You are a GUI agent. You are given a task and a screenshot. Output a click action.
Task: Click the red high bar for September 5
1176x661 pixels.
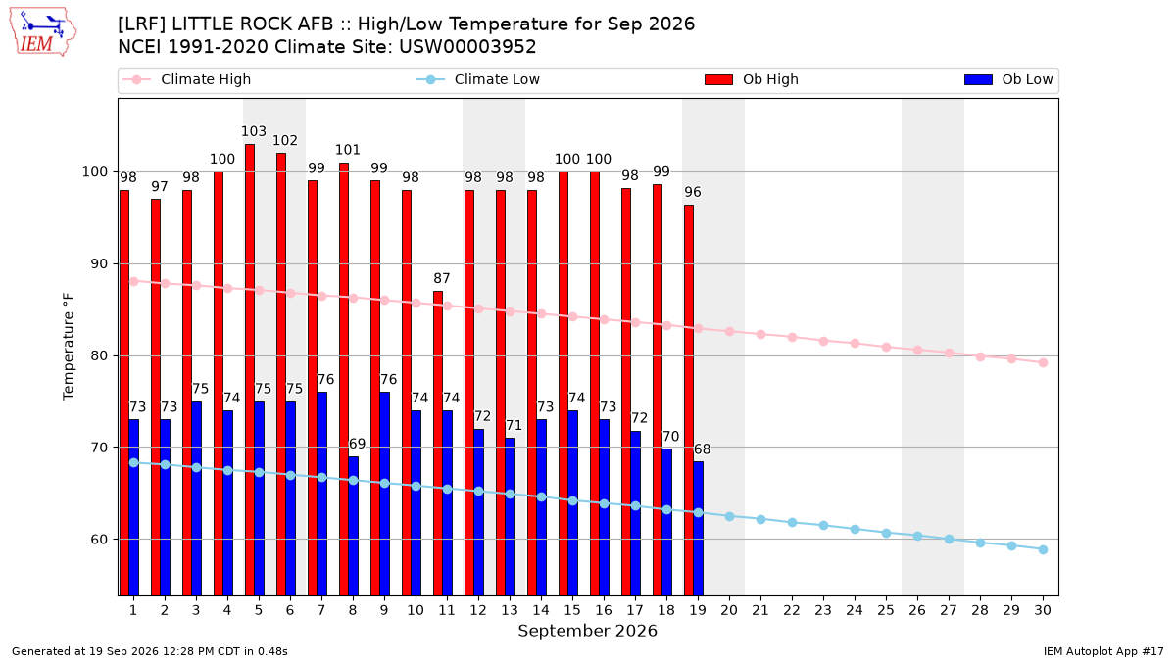250,370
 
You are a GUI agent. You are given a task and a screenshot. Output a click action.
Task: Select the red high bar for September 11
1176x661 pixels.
438,444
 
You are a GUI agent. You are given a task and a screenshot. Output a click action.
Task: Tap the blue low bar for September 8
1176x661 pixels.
354,526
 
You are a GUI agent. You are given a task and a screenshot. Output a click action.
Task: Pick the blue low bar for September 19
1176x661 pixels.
698,528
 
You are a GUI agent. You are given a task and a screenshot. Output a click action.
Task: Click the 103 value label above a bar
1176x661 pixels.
254,131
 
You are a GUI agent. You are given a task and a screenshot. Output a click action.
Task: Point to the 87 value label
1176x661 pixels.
442,278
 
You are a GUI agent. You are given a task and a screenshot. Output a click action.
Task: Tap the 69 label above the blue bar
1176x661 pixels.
357,444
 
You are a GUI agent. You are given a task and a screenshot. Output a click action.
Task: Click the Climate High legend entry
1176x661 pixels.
187,79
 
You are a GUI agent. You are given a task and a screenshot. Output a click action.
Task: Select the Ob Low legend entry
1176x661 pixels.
1008,79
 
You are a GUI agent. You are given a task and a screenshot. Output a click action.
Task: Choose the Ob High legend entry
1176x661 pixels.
752,79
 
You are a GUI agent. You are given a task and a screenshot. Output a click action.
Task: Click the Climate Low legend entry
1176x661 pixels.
478,79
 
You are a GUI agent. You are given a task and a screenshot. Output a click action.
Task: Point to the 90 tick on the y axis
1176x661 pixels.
99,263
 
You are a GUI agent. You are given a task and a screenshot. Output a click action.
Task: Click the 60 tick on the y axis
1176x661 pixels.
99,540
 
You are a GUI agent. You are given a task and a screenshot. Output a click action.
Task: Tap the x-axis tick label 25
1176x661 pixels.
886,610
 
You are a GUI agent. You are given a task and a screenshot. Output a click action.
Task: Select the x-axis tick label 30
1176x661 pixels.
1043,610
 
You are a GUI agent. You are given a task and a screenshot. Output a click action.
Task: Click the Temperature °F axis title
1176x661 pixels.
69,347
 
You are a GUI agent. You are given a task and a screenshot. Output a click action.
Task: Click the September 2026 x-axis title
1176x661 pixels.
587,631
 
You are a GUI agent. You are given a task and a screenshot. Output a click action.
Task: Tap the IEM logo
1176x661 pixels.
42,32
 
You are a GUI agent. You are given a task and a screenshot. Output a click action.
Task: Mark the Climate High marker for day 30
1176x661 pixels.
1043,362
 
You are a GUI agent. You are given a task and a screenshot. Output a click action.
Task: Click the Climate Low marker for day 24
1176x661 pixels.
855,530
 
